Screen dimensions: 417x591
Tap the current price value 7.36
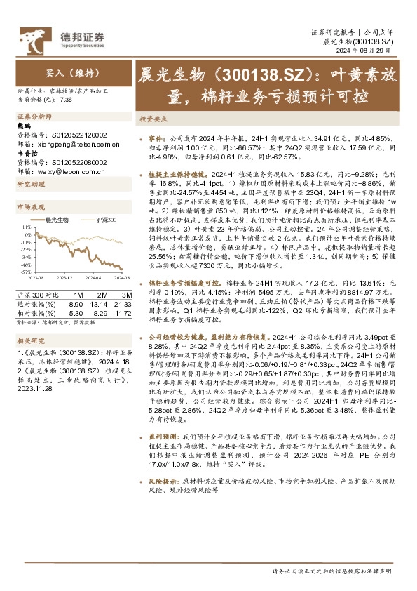67,100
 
